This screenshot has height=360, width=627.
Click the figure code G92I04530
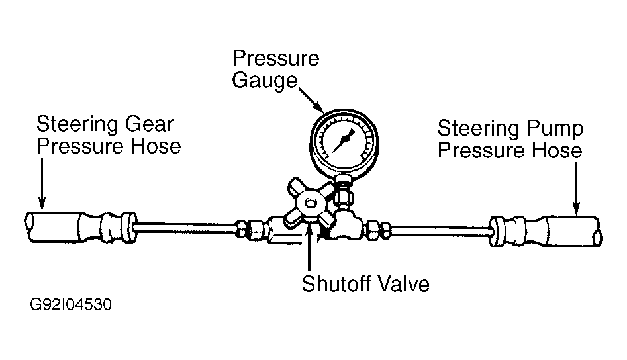coord(70,306)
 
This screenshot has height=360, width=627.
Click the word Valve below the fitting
coord(403,284)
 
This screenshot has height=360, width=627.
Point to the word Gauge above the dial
coord(264,82)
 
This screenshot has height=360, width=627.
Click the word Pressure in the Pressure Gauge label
coord(275,58)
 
